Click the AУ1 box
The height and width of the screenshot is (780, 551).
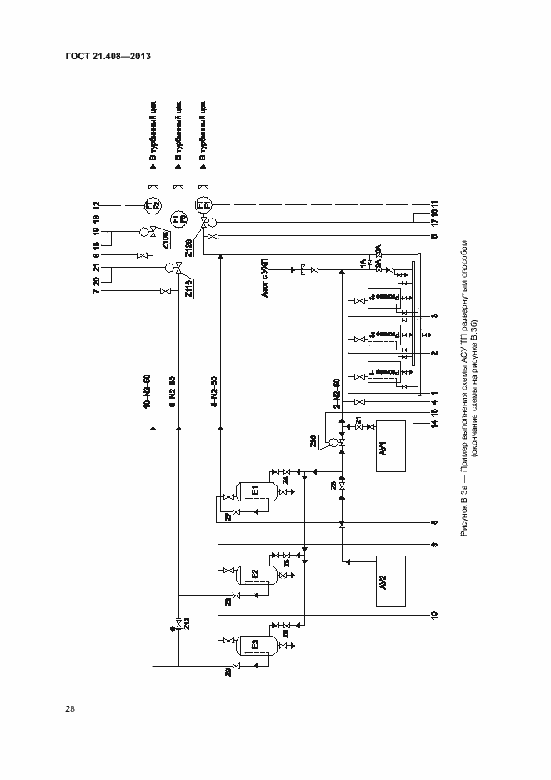click(388, 447)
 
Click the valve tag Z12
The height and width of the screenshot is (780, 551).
click(188, 626)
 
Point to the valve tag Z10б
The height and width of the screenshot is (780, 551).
click(166, 240)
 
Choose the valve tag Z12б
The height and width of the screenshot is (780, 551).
click(190, 248)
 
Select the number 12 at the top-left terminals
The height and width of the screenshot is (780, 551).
click(97, 204)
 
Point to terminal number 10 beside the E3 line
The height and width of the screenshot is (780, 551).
click(433, 616)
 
